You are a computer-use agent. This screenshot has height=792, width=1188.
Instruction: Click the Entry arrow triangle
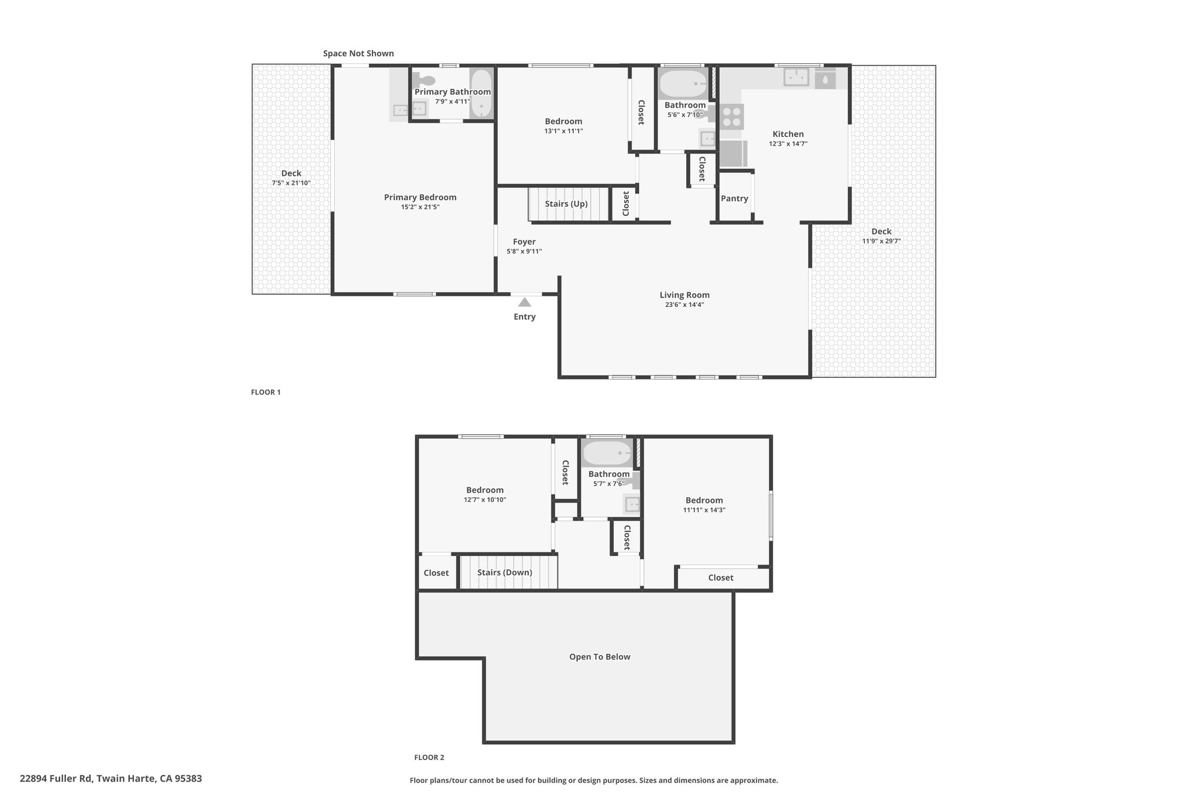(x=524, y=302)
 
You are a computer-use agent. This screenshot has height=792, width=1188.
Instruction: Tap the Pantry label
(x=734, y=198)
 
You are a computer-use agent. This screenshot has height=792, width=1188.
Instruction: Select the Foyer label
(x=524, y=242)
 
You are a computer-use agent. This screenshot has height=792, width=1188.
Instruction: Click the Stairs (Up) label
(x=566, y=204)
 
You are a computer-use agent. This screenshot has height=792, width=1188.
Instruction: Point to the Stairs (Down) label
(x=505, y=573)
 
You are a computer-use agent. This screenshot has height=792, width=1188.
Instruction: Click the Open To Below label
(x=600, y=657)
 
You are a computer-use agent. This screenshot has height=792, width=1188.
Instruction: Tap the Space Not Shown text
(x=358, y=53)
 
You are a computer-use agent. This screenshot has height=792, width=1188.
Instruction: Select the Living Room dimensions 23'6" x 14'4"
(x=684, y=305)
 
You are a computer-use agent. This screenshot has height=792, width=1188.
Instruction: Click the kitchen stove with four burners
(x=731, y=117)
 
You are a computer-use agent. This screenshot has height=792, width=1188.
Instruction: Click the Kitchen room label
(x=788, y=134)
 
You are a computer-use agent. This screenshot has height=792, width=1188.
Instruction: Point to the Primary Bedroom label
(x=420, y=197)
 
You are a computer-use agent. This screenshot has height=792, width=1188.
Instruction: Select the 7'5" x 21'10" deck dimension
(x=291, y=183)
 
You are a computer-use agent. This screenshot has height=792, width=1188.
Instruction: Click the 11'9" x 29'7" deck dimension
(x=881, y=241)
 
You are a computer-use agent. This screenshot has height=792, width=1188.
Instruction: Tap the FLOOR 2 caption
(x=429, y=757)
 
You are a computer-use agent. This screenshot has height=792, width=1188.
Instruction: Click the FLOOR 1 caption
(x=266, y=392)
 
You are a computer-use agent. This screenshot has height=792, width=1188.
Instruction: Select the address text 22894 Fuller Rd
(x=57, y=779)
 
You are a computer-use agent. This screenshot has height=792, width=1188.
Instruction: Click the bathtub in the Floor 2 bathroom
(x=607, y=453)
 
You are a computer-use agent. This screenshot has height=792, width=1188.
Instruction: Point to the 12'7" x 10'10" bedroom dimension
(x=485, y=500)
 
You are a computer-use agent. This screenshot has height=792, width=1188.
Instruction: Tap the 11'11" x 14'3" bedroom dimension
(x=704, y=510)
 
